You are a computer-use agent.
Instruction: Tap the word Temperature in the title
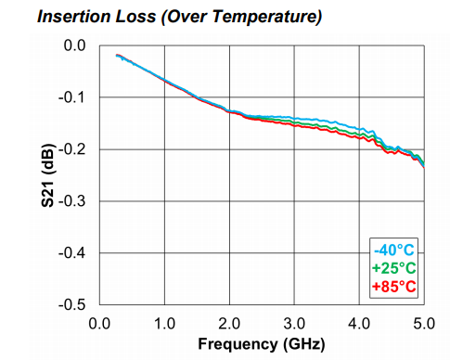(x=266, y=18)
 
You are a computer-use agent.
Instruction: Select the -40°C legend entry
(x=393, y=250)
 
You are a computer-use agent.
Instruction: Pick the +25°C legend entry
(x=393, y=268)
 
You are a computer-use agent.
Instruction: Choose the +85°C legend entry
(x=393, y=287)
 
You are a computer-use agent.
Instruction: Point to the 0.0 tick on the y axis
(x=74, y=45)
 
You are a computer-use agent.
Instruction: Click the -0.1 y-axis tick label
(x=71, y=97)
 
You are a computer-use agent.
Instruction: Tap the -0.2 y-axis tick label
(x=71, y=149)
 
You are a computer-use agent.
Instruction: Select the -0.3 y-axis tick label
(x=71, y=201)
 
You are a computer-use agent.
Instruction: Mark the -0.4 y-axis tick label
(x=71, y=253)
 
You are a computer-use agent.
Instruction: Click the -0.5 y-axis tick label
(x=71, y=305)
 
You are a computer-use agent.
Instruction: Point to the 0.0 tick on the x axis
(x=99, y=324)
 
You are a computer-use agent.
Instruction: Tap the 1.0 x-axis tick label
(x=164, y=324)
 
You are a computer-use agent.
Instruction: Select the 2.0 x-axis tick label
(x=229, y=324)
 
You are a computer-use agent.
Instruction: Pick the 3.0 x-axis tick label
(x=294, y=324)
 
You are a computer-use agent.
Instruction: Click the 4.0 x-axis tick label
(x=359, y=324)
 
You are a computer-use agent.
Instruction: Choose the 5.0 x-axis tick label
(x=424, y=324)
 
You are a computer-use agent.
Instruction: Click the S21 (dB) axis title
(x=48, y=175)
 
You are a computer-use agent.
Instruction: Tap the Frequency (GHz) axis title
(x=262, y=344)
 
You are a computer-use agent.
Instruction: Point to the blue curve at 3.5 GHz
(x=327, y=121)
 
